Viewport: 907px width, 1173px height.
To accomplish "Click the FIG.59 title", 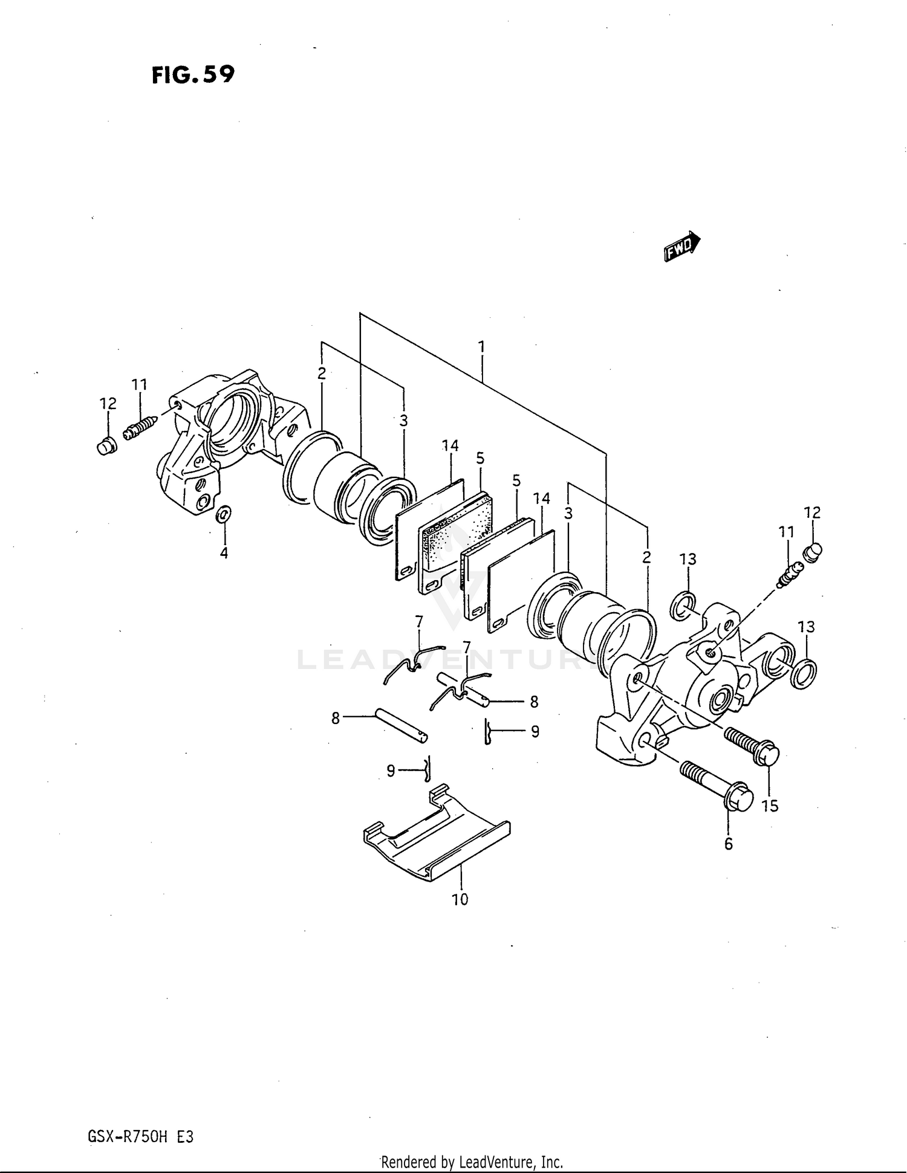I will point(192,75).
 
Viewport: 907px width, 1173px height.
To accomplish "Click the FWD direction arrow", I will point(681,247).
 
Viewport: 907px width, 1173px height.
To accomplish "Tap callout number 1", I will point(481,347).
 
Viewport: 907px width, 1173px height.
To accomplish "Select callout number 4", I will point(224,553).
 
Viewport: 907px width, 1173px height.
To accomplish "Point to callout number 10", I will point(460,900).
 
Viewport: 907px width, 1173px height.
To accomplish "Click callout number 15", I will point(770,806).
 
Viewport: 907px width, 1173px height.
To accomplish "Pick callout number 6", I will point(728,844).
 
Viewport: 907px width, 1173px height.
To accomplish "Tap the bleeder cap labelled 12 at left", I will point(106,446).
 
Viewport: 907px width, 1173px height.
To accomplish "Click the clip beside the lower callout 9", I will point(428,767).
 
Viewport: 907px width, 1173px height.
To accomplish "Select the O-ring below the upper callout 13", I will point(684,606).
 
